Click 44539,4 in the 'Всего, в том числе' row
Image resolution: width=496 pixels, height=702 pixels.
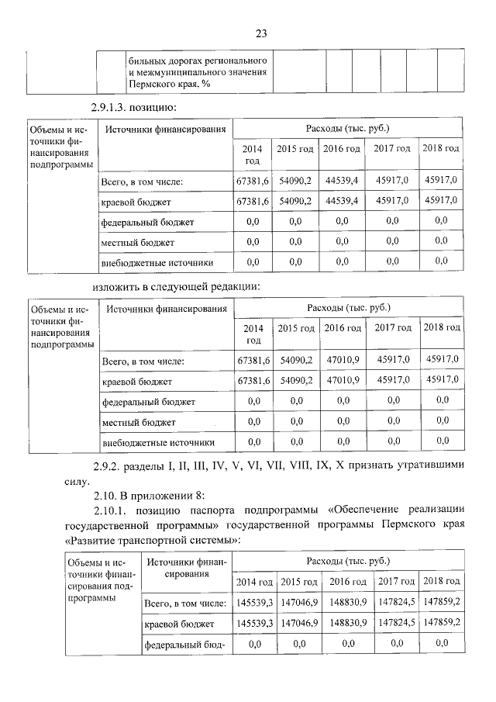click(342, 181)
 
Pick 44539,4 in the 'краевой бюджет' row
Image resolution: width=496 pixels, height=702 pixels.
click(342, 201)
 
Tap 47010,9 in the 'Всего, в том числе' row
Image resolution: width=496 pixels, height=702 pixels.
click(342, 360)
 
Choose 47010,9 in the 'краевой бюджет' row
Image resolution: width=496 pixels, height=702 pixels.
click(342, 380)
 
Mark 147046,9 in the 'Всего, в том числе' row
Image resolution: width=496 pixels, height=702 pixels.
click(299, 601)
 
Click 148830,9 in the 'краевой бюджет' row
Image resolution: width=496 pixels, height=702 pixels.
click(347, 622)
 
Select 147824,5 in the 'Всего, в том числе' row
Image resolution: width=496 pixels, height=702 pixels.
click(396, 601)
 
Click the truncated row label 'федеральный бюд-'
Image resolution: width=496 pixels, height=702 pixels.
click(184, 644)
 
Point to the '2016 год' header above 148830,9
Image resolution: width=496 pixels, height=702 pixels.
click(347, 581)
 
